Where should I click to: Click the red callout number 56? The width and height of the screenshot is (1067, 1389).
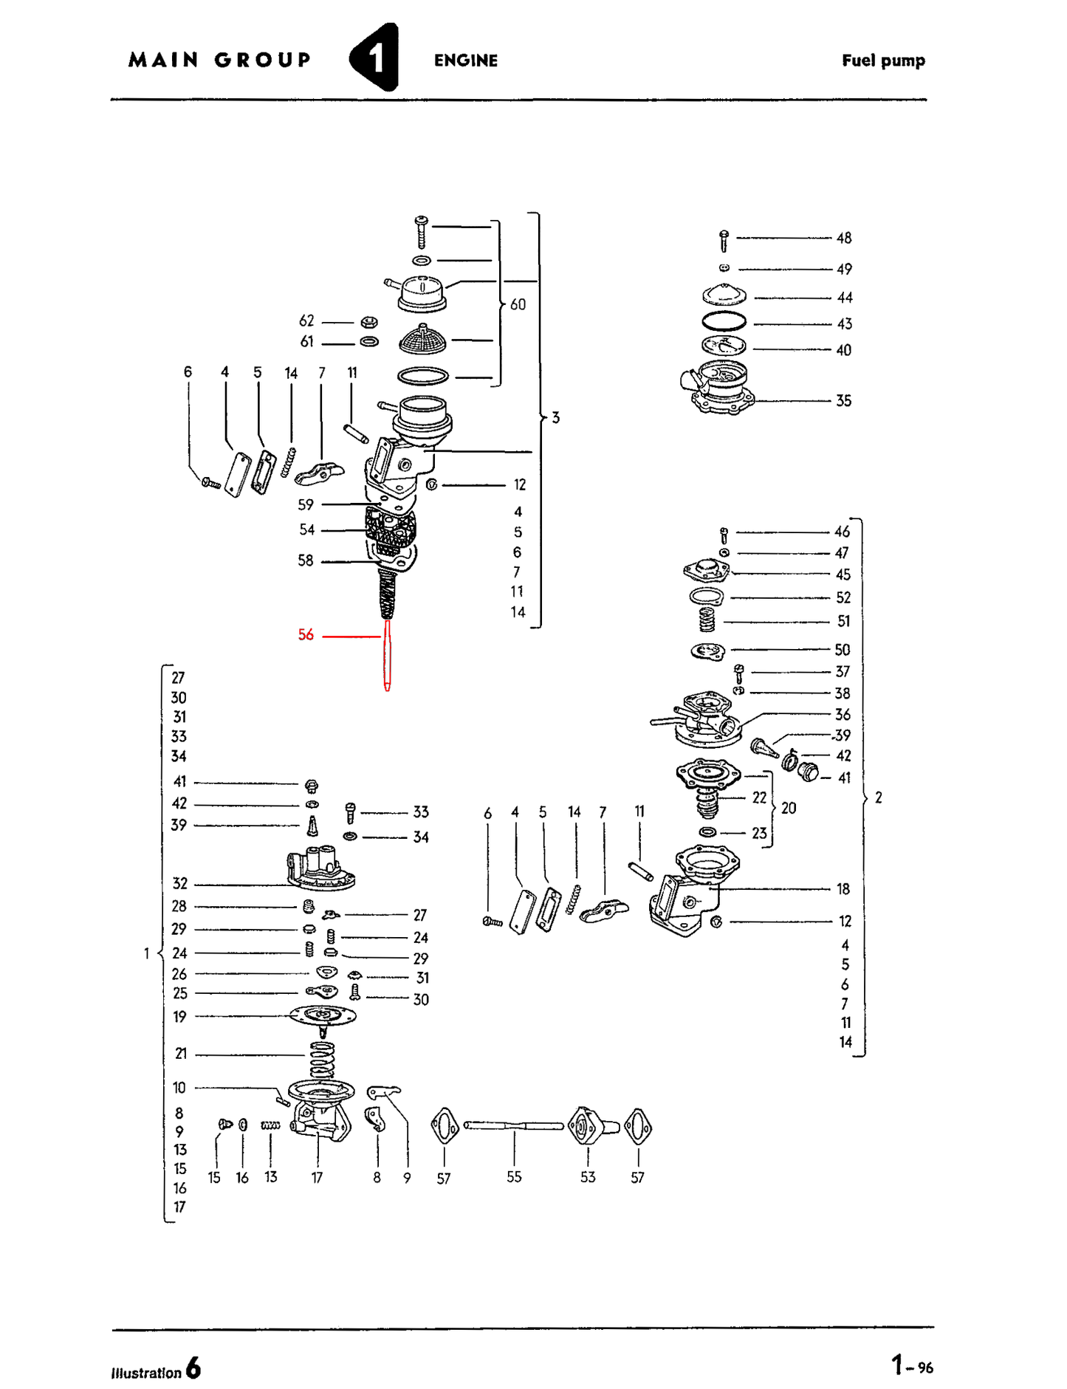click(306, 634)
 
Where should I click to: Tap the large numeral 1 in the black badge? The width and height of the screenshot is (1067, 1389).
click(377, 58)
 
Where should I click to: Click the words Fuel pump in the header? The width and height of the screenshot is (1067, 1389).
click(882, 61)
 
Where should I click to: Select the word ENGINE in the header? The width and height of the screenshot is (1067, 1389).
click(465, 61)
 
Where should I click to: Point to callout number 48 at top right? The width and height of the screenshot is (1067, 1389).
click(843, 238)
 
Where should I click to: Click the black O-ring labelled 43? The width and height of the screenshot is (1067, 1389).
click(723, 321)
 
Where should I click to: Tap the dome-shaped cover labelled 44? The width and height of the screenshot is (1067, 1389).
click(724, 295)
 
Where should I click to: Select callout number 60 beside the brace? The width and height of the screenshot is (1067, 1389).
click(518, 304)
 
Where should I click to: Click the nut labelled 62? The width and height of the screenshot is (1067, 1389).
click(369, 322)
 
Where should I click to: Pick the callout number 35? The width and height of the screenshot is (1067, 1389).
click(843, 401)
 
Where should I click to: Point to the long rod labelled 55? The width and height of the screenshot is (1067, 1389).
click(513, 1125)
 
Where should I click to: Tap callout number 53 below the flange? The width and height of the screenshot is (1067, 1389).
click(587, 1177)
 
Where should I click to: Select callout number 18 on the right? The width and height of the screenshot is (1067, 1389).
click(843, 889)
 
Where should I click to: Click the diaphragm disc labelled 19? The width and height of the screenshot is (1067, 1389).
click(323, 1015)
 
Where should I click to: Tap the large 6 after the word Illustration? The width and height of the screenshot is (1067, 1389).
click(193, 1368)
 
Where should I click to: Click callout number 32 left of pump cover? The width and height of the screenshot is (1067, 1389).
click(179, 883)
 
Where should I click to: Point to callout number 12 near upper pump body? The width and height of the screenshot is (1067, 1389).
click(520, 484)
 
